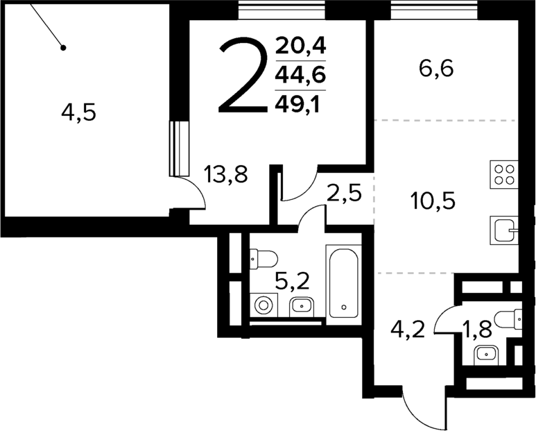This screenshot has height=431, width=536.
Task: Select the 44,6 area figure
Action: tap(301, 74)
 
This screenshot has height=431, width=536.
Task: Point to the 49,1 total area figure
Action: tap(301, 103)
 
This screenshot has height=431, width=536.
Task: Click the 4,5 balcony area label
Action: tap(78, 112)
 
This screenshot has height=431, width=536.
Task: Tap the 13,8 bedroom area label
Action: tap(227, 173)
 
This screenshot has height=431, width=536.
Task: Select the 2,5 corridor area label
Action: tap(345, 193)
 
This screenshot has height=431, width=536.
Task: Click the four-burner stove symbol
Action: tap(504, 173)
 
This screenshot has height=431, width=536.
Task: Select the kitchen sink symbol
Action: tap(503, 228)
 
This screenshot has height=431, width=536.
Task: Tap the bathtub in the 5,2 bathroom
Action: tap(343, 285)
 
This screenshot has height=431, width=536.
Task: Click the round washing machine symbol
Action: tap(263, 305)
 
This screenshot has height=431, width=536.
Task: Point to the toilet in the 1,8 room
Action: tap(513, 318)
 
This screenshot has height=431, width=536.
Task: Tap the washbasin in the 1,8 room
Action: tap(487, 353)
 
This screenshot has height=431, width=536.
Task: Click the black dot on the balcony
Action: tap(62, 48)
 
